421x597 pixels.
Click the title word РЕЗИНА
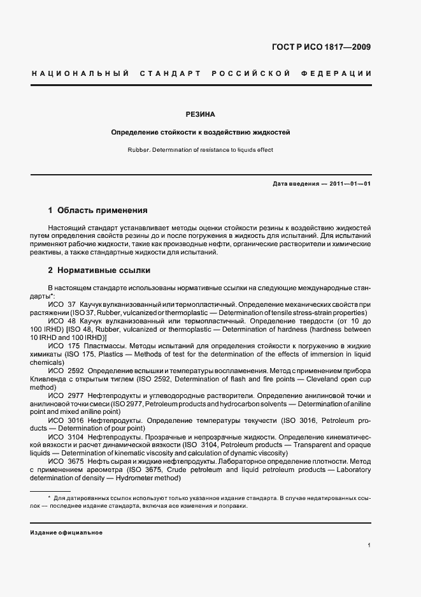(x=201, y=115)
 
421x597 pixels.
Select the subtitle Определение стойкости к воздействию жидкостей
(x=201, y=133)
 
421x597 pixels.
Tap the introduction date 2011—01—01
(x=348, y=184)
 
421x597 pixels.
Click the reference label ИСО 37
(x=62, y=305)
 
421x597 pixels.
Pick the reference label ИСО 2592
(x=66, y=371)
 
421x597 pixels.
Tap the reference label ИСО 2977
(x=66, y=396)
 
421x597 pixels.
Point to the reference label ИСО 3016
(x=66, y=421)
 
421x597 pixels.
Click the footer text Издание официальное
(x=66, y=532)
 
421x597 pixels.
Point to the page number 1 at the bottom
(x=369, y=545)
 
